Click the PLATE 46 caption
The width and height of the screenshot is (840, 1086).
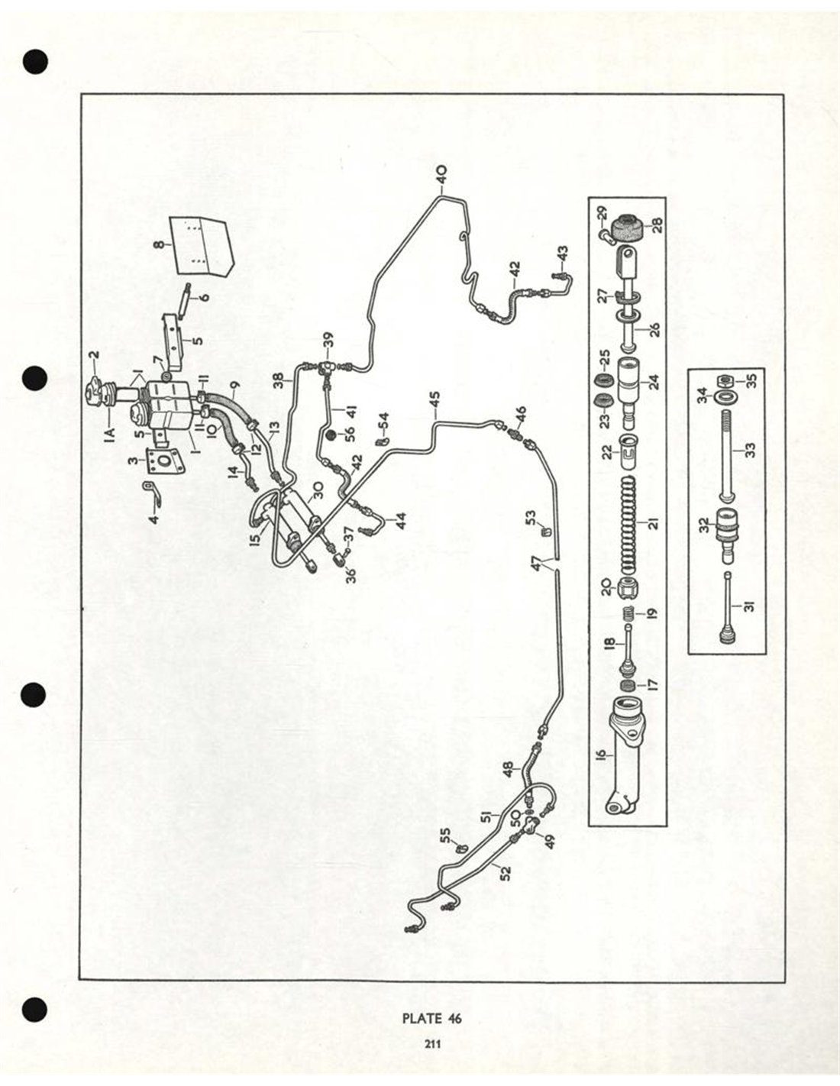coord(431,1019)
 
